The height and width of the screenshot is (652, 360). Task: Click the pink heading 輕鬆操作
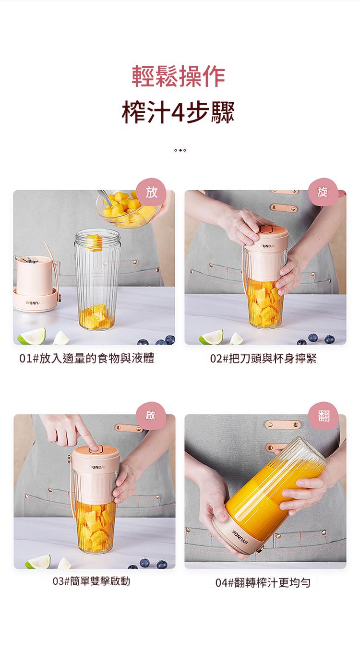179,76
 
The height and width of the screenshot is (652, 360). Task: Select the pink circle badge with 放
151,192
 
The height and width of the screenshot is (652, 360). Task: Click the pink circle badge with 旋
323,192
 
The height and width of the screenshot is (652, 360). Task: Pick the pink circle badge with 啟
151,416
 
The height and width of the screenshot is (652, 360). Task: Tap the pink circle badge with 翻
324,416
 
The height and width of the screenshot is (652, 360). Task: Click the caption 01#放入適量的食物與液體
87,358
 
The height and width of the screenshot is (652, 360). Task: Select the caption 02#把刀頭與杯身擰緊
263,359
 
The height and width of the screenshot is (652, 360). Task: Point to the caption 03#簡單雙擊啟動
91,581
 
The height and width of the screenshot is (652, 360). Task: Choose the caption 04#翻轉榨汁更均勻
263,583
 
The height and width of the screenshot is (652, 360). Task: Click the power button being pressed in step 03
96,449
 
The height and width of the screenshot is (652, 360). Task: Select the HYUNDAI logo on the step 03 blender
96,467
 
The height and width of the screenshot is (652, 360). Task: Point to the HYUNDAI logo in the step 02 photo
266,246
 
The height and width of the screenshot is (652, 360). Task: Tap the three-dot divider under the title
180,150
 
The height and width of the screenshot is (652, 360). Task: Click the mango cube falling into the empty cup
94,243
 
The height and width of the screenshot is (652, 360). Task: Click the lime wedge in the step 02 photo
211,337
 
